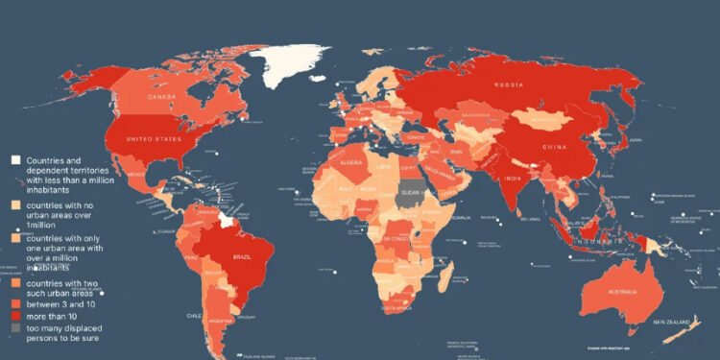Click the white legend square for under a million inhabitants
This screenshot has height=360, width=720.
click(x=16, y=160)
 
